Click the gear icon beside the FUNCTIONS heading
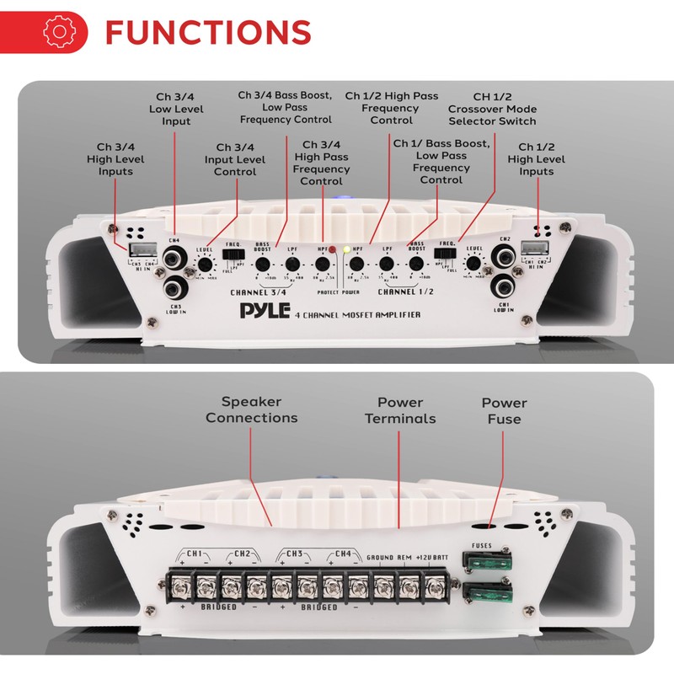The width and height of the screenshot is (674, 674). [x=58, y=31]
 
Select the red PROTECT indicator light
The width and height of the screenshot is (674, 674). [x=333, y=250]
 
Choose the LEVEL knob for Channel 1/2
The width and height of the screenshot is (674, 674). [x=473, y=265]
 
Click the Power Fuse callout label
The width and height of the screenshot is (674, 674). [x=504, y=411]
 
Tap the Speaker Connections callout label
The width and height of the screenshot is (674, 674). [x=251, y=409]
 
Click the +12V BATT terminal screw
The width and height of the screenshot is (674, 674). [x=435, y=583]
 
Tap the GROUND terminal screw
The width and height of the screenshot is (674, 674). [x=382, y=583]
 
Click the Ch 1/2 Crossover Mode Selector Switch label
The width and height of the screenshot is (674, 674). [x=492, y=109]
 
